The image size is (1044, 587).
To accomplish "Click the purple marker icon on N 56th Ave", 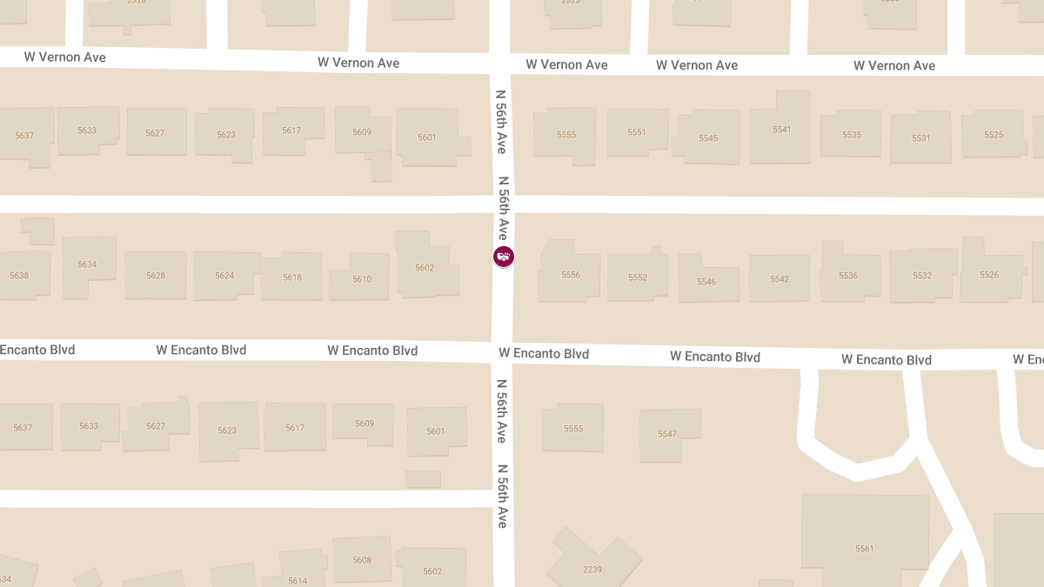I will [x=504, y=256].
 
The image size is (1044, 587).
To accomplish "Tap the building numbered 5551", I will [x=637, y=132].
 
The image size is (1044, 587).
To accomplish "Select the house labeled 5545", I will [x=708, y=138].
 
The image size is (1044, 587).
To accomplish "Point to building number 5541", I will [x=781, y=130].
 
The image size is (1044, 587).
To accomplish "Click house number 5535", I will [x=852, y=135].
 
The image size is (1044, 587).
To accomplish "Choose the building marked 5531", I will [x=921, y=138].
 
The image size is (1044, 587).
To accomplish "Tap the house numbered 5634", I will [x=87, y=264].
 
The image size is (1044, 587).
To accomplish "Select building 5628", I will [x=156, y=276].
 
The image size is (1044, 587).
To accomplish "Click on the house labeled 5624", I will [x=224, y=276].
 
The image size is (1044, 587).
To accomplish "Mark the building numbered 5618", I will [x=292, y=277].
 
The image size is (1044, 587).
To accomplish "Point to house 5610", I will [x=362, y=279].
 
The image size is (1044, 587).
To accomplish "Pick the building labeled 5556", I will [x=571, y=275].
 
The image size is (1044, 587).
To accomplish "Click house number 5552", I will [x=638, y=277].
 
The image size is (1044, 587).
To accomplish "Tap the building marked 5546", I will [x=706, y=282].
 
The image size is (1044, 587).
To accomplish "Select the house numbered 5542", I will [x=780, y=279].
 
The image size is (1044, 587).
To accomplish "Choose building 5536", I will [x=848, y=276].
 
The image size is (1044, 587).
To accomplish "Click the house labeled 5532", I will [x=922, y=276].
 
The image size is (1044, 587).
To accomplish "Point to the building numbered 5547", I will [x=667, y=434].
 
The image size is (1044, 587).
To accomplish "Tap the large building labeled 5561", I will [x=864, y=548].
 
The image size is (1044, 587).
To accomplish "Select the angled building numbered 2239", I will [x=592, y=569].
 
